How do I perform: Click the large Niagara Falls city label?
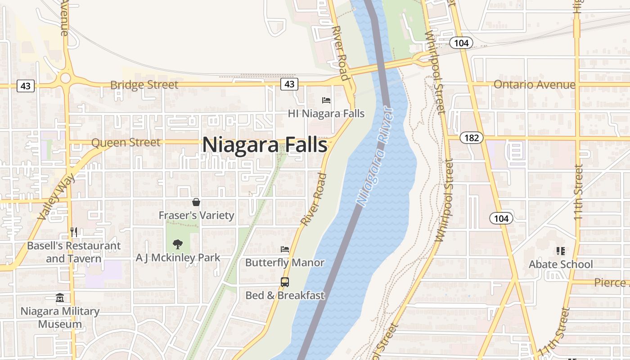[265, 145]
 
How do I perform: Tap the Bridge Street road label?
[144, 85]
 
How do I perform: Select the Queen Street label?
[126, 143]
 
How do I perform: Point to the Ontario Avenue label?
[534, 85]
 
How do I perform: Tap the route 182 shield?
[471, 138]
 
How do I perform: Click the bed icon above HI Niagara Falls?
[326, 100]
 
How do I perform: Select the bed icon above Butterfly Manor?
[285, 249]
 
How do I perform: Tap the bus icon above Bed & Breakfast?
[285, 282]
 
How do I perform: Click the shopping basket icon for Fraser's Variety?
[196, 202]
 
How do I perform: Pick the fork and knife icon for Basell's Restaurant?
[74, 232]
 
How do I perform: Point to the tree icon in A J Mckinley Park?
[178, 244]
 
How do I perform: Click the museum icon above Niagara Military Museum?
[60, 298]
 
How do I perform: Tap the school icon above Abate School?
[560, 251]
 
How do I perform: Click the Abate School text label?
[560, 264]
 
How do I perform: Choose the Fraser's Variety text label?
[196, 216]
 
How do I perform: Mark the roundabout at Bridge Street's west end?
[66, 78]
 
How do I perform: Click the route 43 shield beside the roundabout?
[25, 85]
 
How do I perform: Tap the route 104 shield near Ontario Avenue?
[461, 43]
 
